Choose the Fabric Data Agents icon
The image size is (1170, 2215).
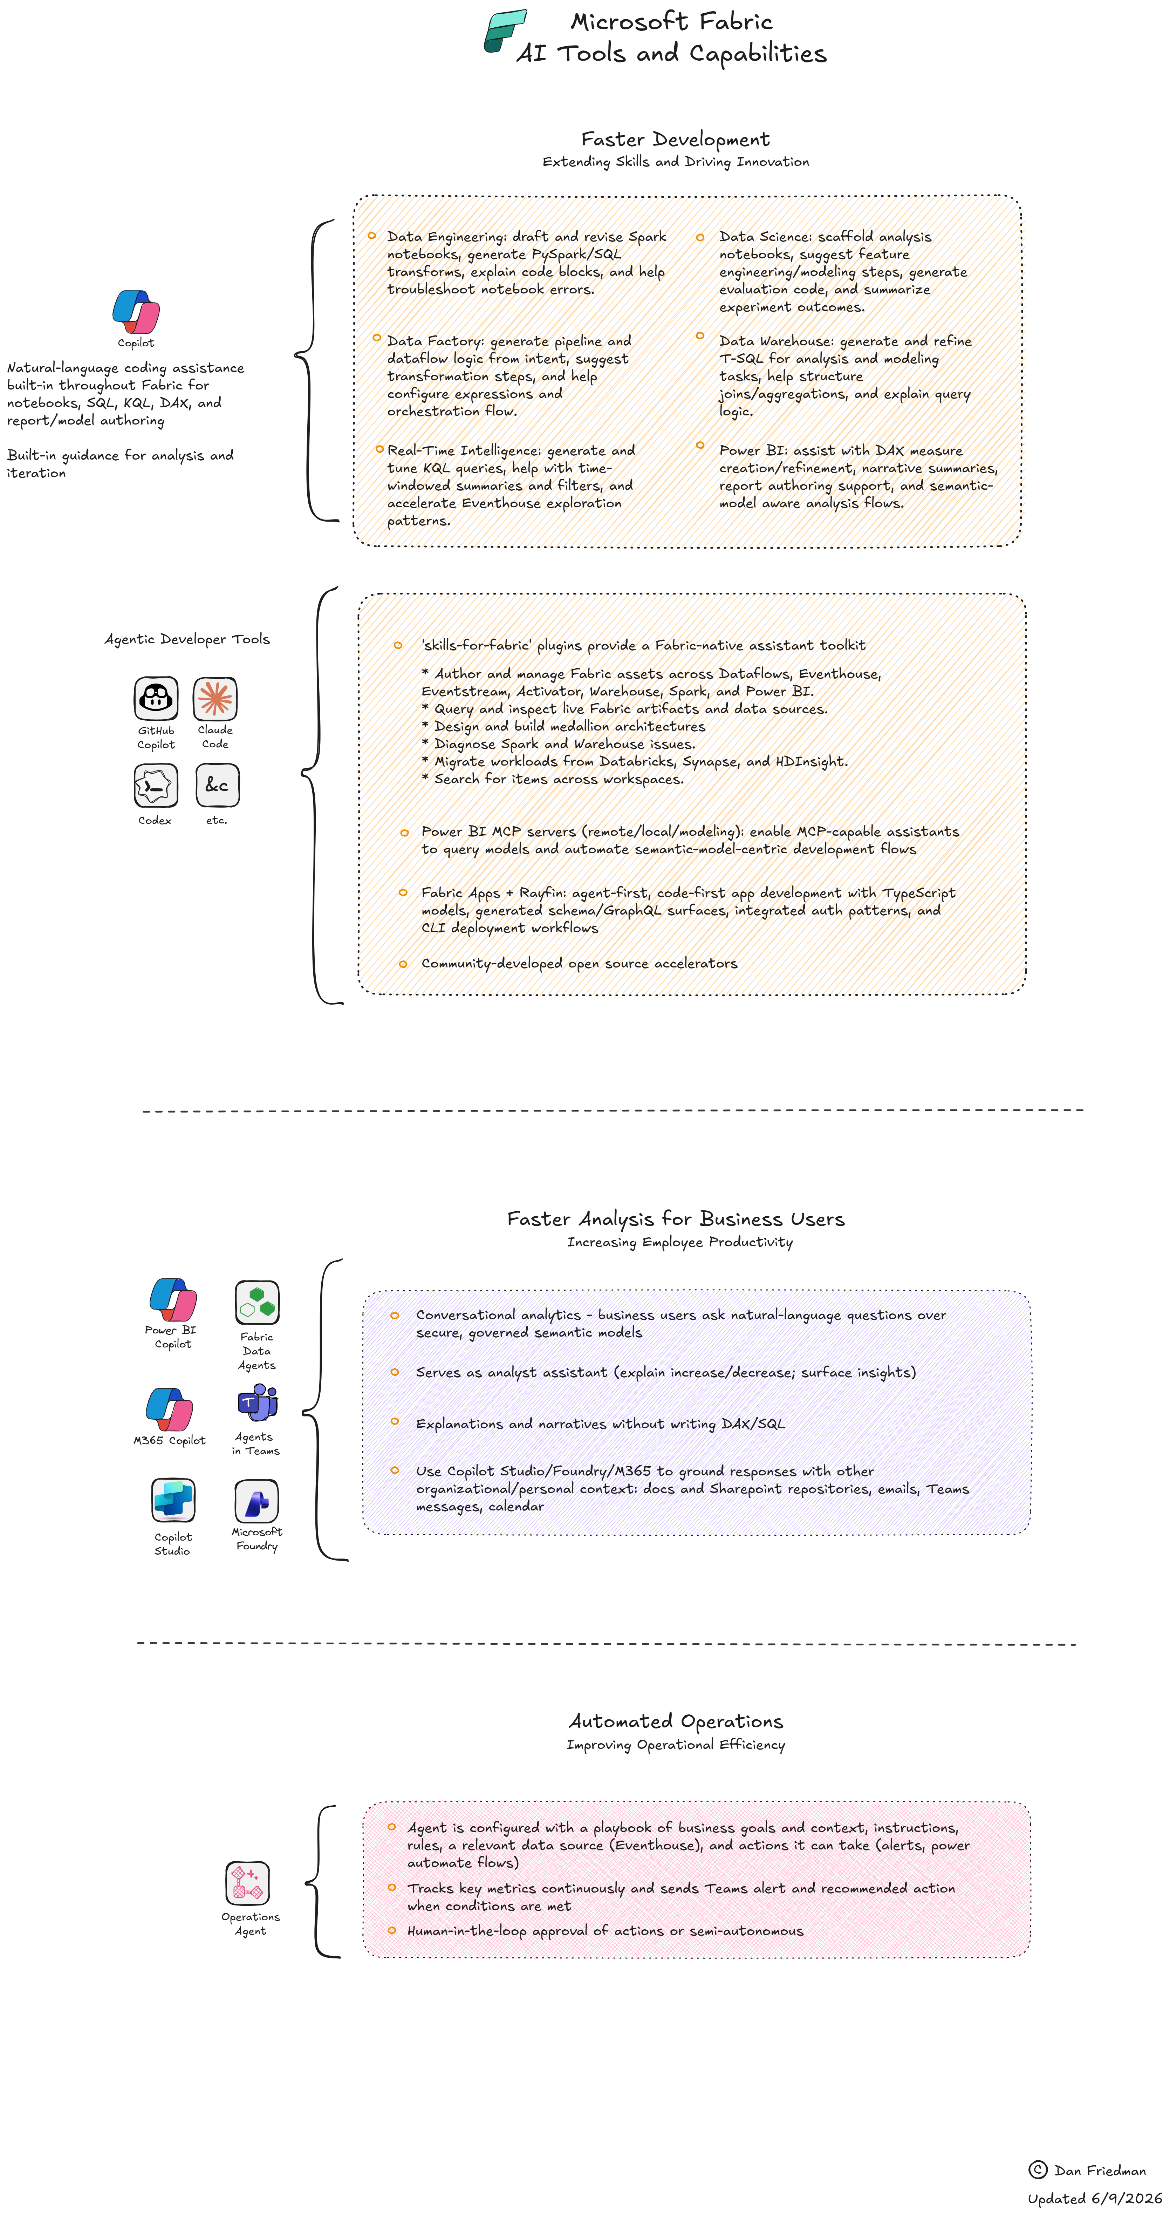[257, 1302]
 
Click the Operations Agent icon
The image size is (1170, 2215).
[248, 1883]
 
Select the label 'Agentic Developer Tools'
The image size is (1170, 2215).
[187, 639]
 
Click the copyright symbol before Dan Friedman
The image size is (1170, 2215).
[1038, 2169]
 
